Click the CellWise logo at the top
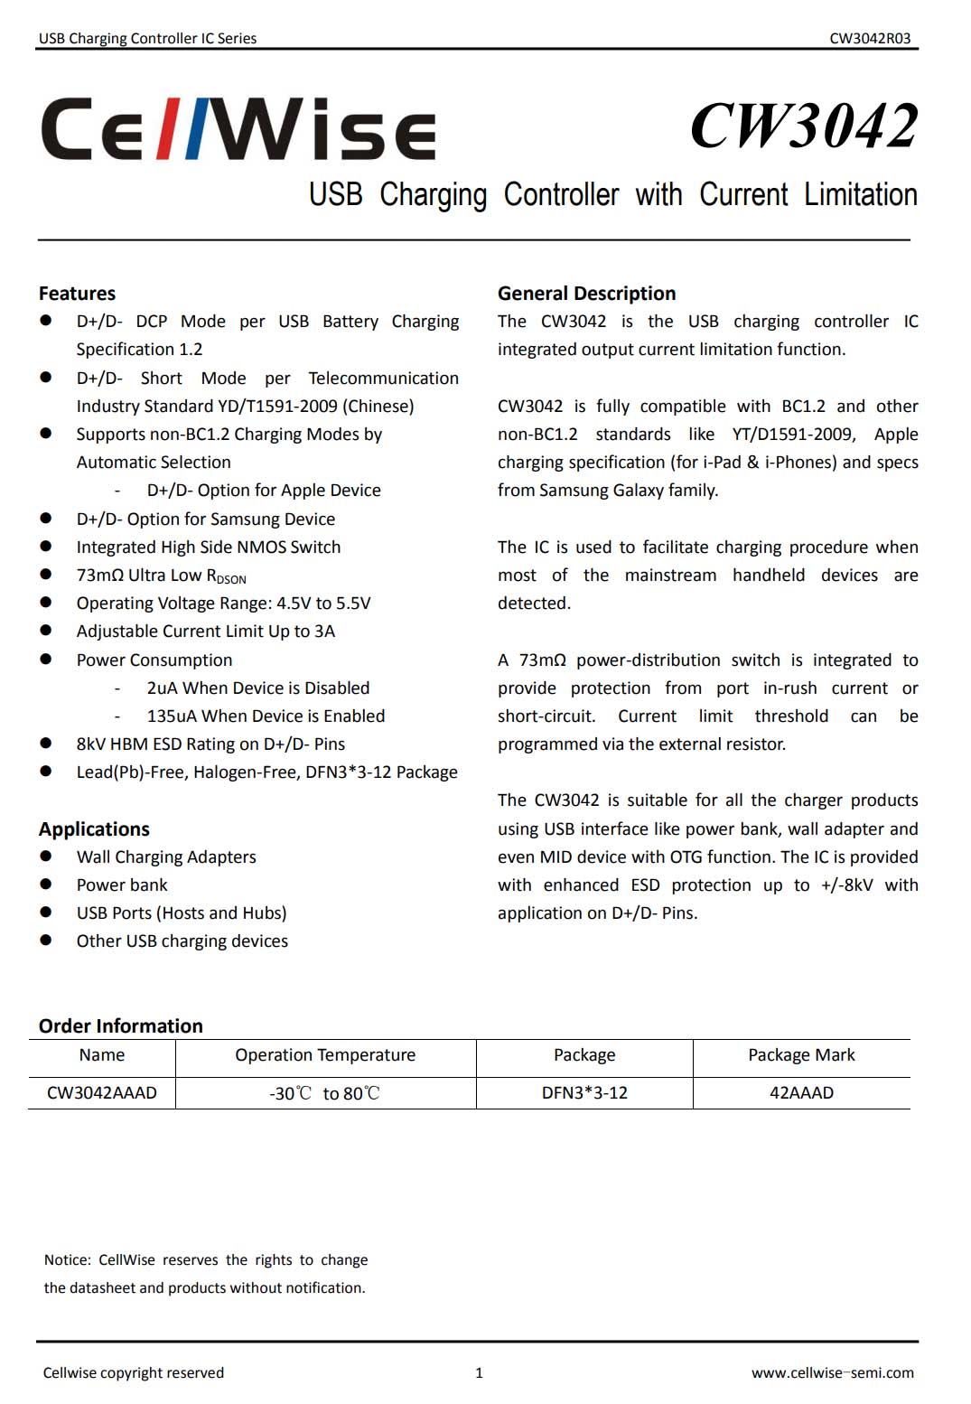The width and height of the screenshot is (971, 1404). (x=238, y=129)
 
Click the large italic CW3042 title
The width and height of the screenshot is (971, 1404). (x=804, y=126)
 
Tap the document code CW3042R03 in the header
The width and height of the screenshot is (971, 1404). (x=870, y=38)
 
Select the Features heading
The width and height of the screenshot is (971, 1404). (x=77, y=294)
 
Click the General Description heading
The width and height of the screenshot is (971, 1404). (x=586, y=294)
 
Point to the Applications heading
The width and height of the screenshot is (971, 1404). (x=94, y=829)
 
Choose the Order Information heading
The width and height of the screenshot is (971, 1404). (x=120, y=1026)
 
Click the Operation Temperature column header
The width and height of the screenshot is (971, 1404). (x=325, y=1055)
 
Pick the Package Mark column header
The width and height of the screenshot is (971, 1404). (x=801, y=1055)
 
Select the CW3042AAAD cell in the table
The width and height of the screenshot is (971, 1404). (x=102, y=1093)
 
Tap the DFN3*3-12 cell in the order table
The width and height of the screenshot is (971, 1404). (x=584, y=1093)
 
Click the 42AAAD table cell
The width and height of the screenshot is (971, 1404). (x=801, y=1093)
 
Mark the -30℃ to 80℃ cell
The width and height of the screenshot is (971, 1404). (x=325, y=1093)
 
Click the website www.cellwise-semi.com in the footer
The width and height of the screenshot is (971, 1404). (x=832, y=1373)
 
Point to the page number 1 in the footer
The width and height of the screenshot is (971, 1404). (x=479, y=1373)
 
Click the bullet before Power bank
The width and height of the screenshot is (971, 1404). (x=46, y=885)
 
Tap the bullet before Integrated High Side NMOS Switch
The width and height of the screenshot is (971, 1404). (x=46, y=547)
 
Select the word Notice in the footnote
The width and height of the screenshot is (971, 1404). (x=67, y=1260)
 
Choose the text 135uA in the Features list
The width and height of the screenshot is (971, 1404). (x=172, y=716)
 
